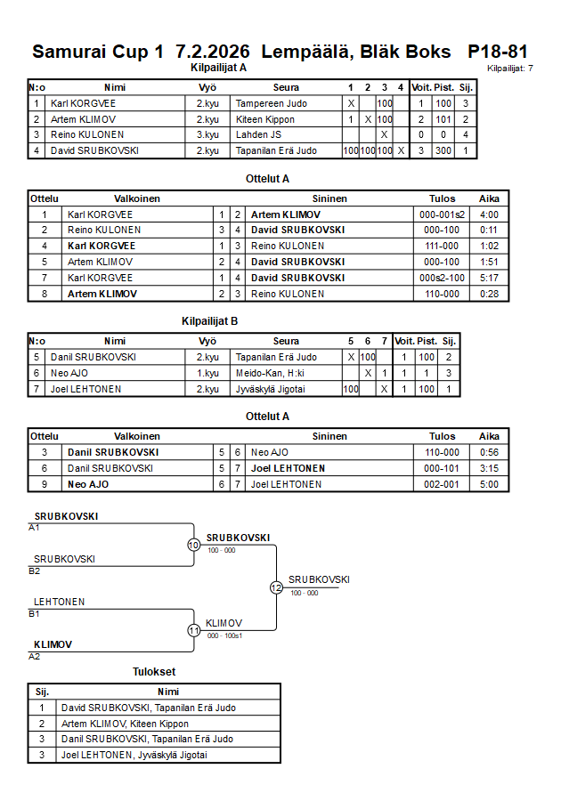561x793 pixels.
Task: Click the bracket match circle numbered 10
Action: (x=193, y=545)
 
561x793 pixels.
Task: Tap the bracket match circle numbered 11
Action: (x=193, y=630)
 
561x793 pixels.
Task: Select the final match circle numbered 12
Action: (x=276, y=587)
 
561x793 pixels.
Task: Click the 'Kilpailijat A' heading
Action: (x=218, y=67)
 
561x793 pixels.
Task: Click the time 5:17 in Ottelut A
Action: (x=489, y=278)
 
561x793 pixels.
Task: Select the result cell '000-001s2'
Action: (x=442, y=214)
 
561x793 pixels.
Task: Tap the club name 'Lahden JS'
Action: (x=258, y=134)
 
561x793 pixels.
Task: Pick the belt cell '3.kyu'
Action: (x=207, y=134)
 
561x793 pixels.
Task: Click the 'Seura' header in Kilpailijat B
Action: (x=286, y=341)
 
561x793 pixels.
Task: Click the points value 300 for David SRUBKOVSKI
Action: (x=443, y=150)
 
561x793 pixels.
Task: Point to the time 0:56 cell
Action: (x=489, y=452)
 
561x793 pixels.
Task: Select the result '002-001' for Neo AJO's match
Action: (x=442, y=484)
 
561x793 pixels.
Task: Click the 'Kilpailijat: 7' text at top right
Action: (x=511, y=68)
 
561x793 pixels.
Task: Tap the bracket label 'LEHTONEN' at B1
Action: (x=60, y=602)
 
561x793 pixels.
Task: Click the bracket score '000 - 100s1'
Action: (x=225, y=635)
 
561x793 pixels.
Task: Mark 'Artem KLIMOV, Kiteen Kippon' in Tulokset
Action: (x=125, y=724)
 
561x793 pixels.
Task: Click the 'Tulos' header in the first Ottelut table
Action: (x=442, y=198)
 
